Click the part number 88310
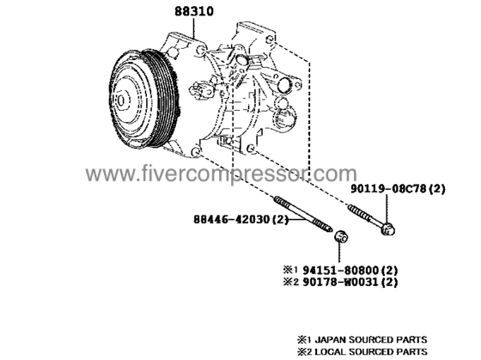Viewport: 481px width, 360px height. pos(194,11)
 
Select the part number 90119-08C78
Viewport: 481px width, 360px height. pos(388,189)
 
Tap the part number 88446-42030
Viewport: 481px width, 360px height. pos(231,219)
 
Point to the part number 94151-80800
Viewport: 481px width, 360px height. pos(340,270)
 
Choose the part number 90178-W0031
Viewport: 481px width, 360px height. pos(340,282)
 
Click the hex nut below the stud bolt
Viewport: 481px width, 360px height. pos(341,236)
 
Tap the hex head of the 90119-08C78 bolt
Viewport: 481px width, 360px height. pos(387,229)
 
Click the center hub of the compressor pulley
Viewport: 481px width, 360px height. pos(121,101)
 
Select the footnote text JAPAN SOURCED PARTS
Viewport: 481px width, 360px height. pos(370,339)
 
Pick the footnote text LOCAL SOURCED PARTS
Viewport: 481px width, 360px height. pos(370,351)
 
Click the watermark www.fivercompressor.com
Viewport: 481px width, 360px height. pos(222,174)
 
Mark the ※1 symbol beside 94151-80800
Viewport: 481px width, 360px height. pos(290,270)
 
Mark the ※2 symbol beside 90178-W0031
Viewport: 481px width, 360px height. pos(290,282)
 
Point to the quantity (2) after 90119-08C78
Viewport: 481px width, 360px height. pos(436,189)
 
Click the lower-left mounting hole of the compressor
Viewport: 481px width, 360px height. pos(196,151)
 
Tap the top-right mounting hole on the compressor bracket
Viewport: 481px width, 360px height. pos(270,40)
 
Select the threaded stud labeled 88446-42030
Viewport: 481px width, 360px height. pos(303,214)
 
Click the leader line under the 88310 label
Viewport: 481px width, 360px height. pos(194,28)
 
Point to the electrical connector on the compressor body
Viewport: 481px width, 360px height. pos(201,90)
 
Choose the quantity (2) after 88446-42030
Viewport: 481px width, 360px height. pos(280,219)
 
